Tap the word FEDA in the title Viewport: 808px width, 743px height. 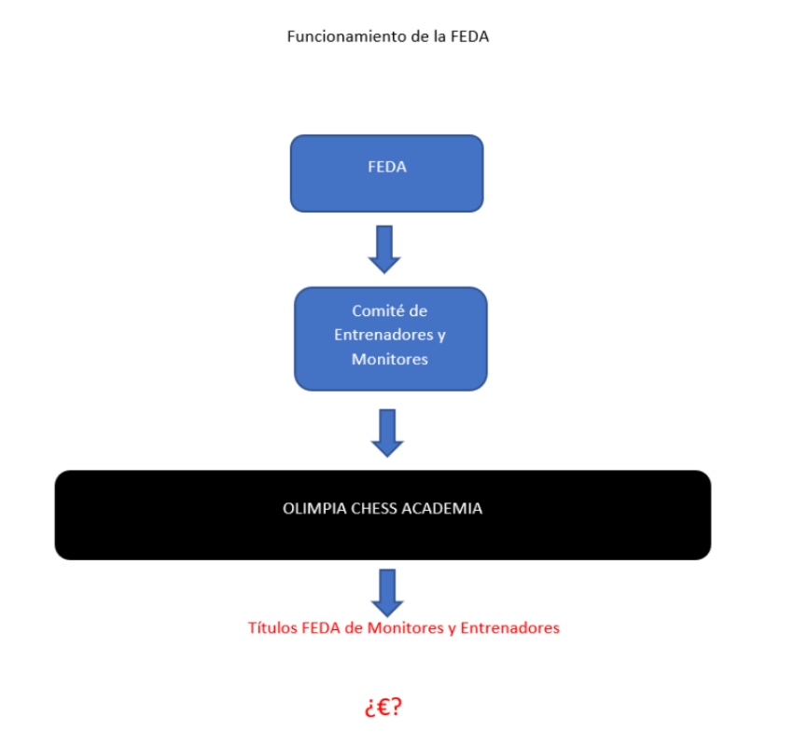(x=470, y=37)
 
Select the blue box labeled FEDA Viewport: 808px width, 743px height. (x=386, y=173)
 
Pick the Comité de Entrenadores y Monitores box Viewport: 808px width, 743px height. (x=390, y=337)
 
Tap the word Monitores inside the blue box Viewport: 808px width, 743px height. (x=390, y=359)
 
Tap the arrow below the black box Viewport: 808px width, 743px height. (x=386, y=589)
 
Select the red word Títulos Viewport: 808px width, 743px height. (x=273, y=628)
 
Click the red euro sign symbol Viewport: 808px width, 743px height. (x=383, y=707)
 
